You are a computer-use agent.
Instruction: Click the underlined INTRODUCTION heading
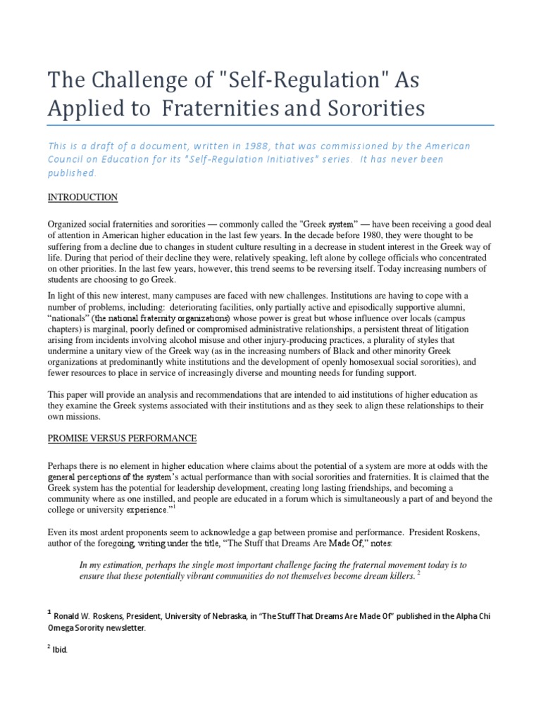(82, 197)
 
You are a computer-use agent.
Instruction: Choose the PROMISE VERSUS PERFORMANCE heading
(122, 438)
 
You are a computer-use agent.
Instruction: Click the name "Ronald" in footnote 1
(72, 617)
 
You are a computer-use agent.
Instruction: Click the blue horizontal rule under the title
(270, 125)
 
